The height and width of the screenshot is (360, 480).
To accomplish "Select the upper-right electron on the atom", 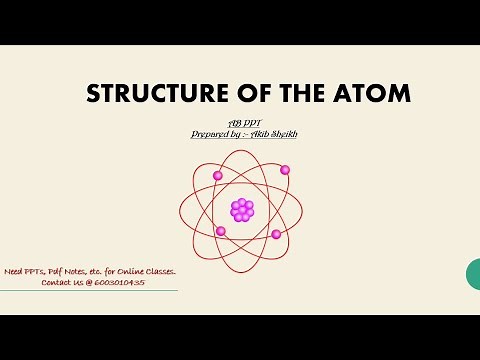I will pyautogui.click(x=285, y=170).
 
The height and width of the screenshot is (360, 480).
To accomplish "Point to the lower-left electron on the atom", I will pyautogui.click(x=221, y=231).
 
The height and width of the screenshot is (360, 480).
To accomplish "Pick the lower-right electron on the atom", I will pyautogui.click(x=276, y=234).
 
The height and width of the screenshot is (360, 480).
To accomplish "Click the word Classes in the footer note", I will pyautogui.click(x=161, y=272).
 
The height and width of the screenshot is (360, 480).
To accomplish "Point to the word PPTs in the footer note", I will pyautogui.click(x=37, y=272).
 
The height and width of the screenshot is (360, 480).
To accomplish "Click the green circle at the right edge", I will pyautogui.click(x=474, y=272).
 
